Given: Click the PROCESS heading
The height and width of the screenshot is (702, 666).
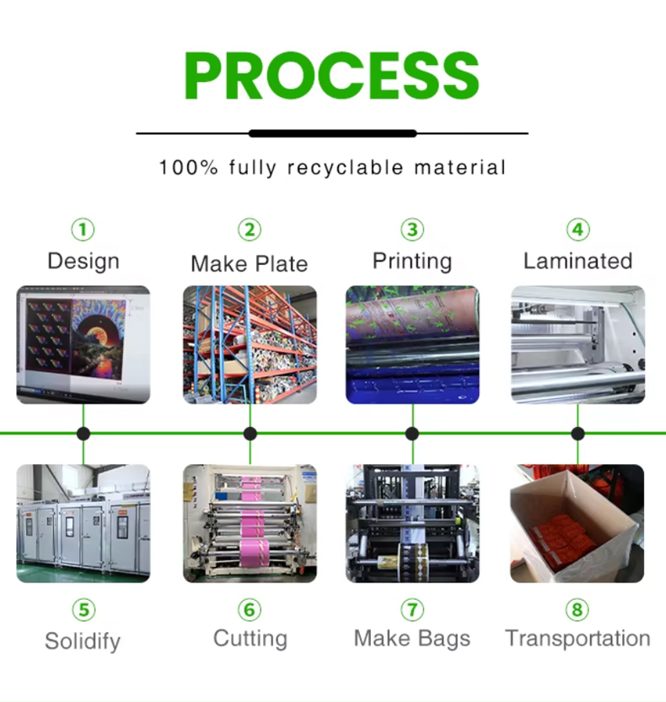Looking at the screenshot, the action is (x=332, y=75).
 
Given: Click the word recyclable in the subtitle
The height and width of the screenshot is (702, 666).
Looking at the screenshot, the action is (x=346, y=167).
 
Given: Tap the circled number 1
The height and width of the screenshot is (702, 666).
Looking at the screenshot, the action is (x=83, y=229).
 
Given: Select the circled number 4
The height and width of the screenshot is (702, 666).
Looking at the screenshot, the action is (x=577, y=229).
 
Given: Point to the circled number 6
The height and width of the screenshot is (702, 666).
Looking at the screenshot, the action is (x=250, y=610).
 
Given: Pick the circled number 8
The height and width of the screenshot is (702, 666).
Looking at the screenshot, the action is (x=577, y=610).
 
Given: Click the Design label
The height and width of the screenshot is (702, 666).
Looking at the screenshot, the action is (x=83, y=262).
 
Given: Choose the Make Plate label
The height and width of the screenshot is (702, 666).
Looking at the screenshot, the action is (x=250, y=263).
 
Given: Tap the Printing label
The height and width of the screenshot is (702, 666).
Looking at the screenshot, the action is (x=412, y=262).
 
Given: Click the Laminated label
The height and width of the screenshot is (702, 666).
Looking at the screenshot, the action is (x=577, y=261).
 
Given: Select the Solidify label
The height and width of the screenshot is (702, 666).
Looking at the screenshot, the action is (x=83, y=641).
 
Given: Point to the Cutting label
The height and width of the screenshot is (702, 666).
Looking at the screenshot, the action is (x=250, y=639).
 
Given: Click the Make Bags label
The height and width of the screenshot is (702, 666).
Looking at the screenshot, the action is (x=412, y=639).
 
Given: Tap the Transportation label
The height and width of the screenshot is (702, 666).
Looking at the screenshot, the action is (x=577, y=639).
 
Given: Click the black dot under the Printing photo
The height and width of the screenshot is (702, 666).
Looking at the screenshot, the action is (x=412, y=434).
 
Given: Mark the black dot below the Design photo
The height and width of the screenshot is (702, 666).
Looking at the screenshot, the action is (x=83, y=434).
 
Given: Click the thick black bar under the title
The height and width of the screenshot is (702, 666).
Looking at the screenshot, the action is (x=333, y=133).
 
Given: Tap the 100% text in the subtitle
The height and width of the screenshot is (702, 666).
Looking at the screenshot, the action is (x=188, y=167).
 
